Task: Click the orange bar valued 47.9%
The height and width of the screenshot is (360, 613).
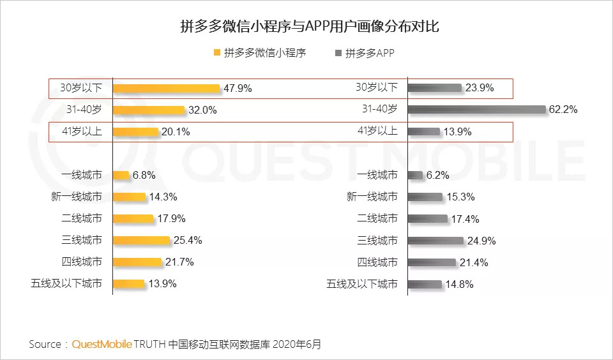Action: (x=166, y=88)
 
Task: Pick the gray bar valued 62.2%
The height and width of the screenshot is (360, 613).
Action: (x=476, y=110)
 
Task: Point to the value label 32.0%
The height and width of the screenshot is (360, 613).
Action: (x=202, y=110)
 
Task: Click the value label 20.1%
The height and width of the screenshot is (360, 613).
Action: (x=176, y=131)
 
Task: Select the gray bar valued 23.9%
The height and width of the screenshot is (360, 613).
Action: (x=434, y=88)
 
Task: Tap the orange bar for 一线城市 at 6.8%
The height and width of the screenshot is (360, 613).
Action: (x=121, y=175)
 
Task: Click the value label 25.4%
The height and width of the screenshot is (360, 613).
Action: (x=188, y=241)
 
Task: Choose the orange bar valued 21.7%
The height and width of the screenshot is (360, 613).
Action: (x=137, y=262)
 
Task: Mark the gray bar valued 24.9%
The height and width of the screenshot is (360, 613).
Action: (x=435, y=241)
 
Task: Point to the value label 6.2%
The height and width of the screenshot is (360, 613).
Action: (x=439, y=175)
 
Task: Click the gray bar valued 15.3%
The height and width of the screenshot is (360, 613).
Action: (x=425, y=197)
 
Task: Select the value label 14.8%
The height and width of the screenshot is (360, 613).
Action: (x=458, y=285)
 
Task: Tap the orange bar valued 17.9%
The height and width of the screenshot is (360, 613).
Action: (x=133, y=219)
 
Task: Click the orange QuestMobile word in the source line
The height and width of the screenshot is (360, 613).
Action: (x=102, y=344)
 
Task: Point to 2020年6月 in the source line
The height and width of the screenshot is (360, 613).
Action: (x=297, y=344)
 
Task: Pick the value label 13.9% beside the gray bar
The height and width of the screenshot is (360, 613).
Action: (x=457, y=131)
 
